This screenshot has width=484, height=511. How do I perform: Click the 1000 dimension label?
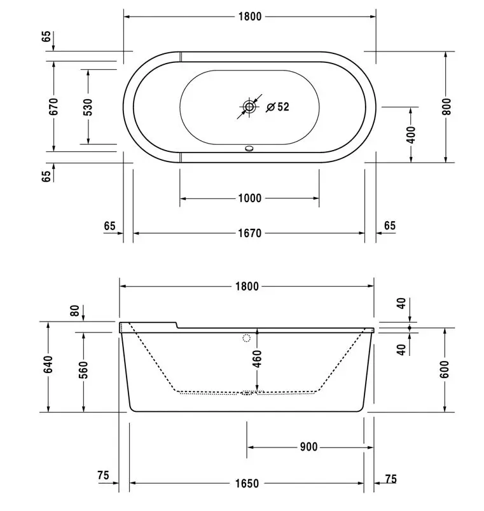pyautogui.click(x=250, y=198)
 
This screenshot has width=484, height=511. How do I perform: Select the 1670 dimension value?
pyautogui.click(x=250, y=233)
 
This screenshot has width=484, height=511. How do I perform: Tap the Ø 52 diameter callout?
pyautogui.click(x=277, y=107)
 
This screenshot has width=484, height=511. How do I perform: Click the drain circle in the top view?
pyautogui.click(x=249, y=107)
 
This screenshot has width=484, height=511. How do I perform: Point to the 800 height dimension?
pyautogui.click(x=446, y=107)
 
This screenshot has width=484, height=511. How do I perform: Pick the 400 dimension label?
pyautogui.click(x=411, y=135)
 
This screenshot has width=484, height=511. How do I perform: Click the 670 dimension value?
pyautogui.click(x=53, y=106)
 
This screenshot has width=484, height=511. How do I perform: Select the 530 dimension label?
pyautogui.click(x=88, y=107)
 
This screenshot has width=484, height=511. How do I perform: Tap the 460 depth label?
pyautogui.click(x=258, y=359)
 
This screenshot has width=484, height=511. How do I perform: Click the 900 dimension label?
pyautogui.click(x=308, y=447)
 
